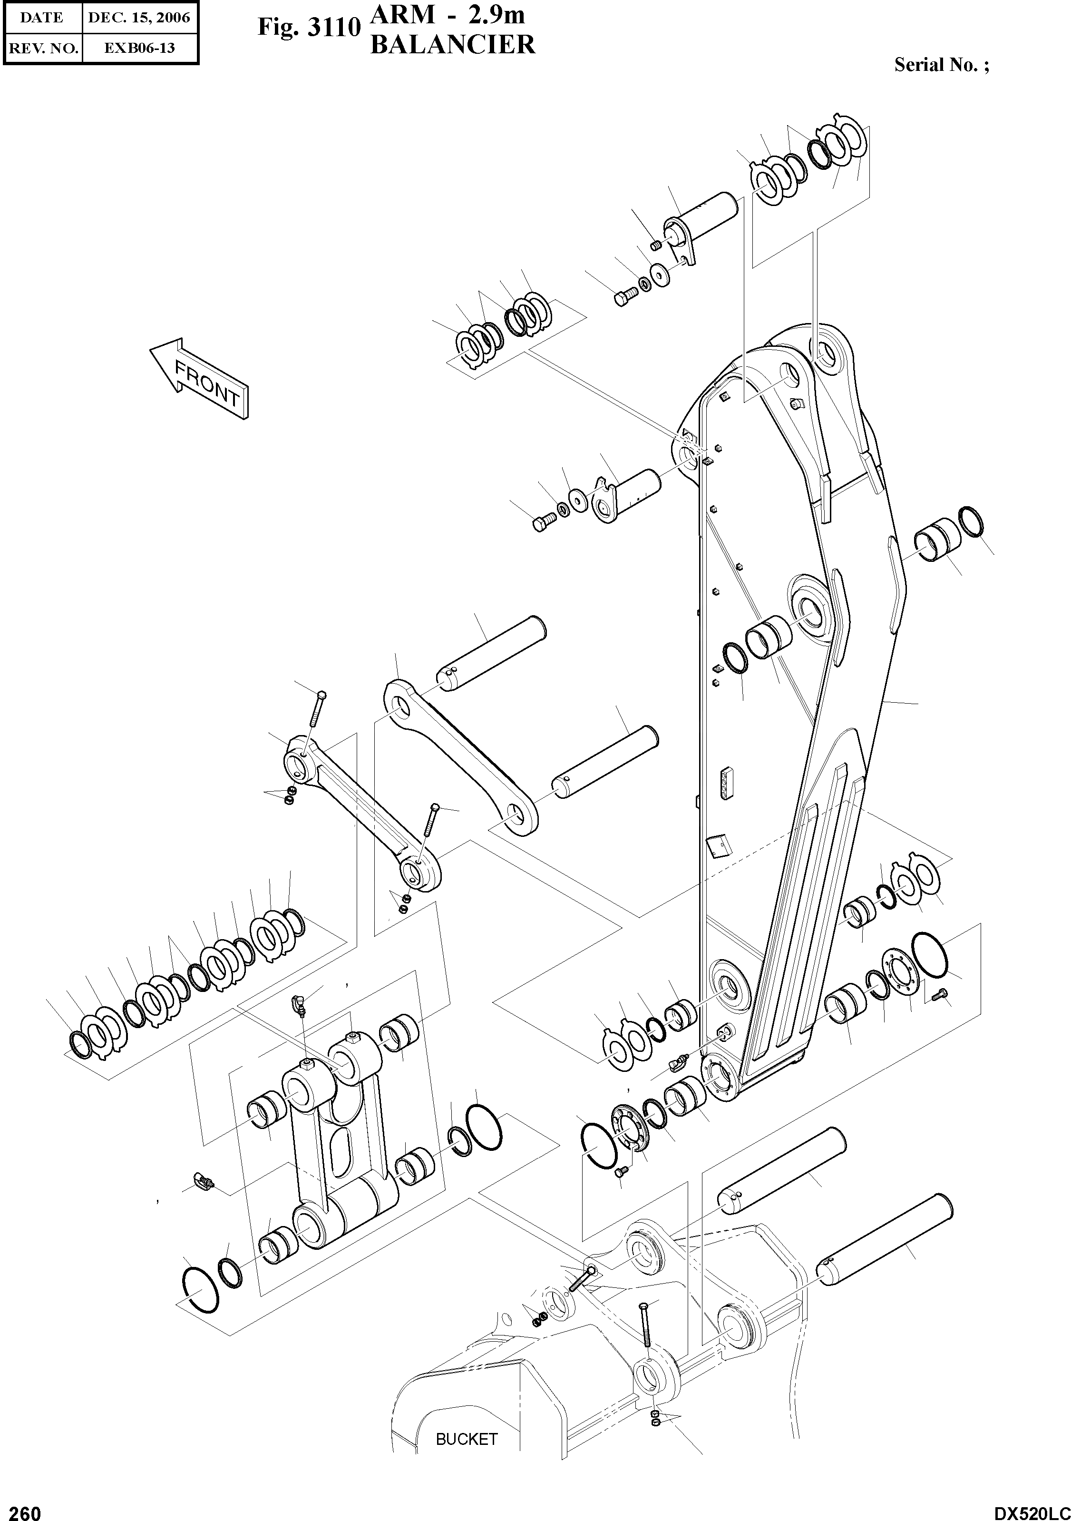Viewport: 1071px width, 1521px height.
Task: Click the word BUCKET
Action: pyautogui.click(x=466, y=1439)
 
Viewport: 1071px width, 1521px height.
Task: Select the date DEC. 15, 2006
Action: pyautogui.click(x=139, y=18)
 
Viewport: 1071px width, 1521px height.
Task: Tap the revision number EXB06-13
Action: pyautogui.click(x=139, y=48)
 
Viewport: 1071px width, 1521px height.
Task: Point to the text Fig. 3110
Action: pyautogui.click(x=309, y=27)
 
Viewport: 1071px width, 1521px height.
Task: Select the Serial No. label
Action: pyautogui.click(x=941, y=65)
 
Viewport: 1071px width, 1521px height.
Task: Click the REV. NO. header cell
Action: pyautogui.click(x=42, y=48)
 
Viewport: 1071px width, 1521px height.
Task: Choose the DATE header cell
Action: pyautogui.click(x=42, y=18)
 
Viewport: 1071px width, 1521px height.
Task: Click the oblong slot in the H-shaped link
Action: pyautogui.click(x=342, y=1151)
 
